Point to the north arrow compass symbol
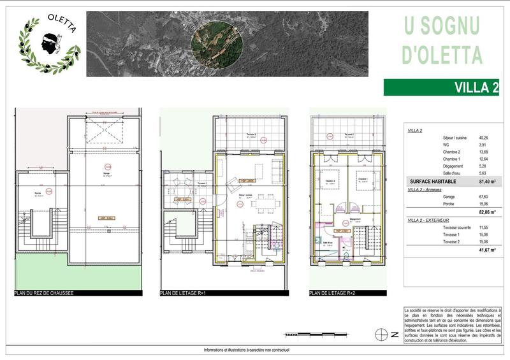(x=381, y=334)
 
